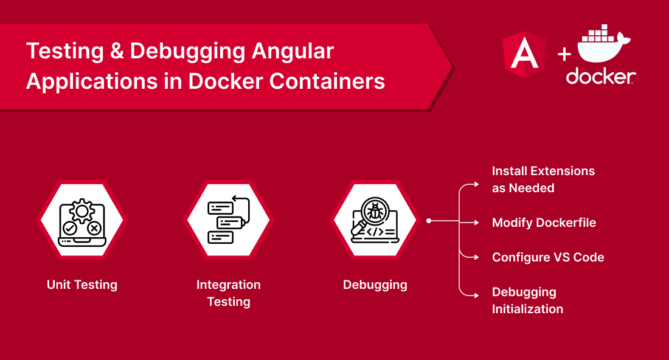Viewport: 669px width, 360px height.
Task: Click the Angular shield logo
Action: [x=524, y=55]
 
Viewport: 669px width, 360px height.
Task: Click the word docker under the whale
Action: [x=601, y=76]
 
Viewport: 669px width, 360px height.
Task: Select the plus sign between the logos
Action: [x=564, y=54]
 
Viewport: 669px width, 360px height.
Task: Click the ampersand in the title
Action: [x=117, y=51]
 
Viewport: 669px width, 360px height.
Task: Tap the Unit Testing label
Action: [x=82, y=285]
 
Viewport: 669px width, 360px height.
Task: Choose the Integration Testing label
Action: [x=229, y=293]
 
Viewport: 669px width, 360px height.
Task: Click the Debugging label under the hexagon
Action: [x=375, y=285]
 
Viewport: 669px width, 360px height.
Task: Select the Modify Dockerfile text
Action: [x=544, y=223]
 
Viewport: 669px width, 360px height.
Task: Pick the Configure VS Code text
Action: [x=548, y=257]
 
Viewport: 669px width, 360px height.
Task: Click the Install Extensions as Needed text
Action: [x=543, y=179]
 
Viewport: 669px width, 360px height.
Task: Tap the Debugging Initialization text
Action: [x=527, y=300]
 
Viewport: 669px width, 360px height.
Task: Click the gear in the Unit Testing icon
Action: [x=82, y=211]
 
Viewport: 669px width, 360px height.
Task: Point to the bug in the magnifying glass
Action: [x=375, y=211]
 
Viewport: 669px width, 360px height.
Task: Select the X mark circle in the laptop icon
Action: [x=94, y=229]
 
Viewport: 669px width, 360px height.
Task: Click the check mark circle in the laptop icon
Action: [x=69, y=229]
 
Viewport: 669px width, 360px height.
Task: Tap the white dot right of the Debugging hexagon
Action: [x=429, y=221]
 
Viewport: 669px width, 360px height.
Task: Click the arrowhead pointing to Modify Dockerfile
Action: [x=477, y=222]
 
